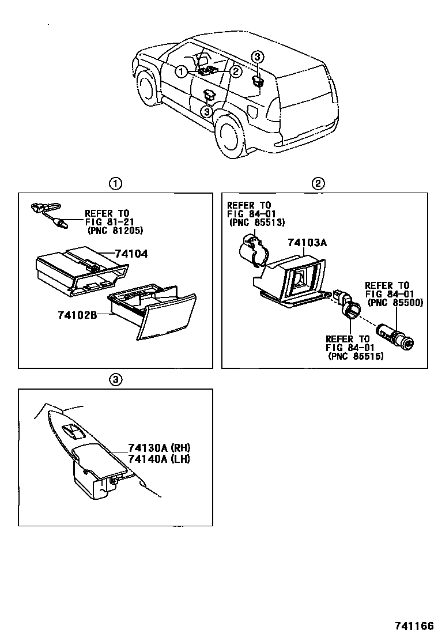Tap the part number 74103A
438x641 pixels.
click(308, 243)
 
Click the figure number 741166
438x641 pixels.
click(414, 626)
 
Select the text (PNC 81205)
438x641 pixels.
click(115, 231)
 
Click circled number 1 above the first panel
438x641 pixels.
click(115, 184)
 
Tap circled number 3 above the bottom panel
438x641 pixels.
click(115, 379)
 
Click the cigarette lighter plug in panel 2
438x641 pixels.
click(397, 337)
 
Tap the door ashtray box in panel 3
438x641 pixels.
click(92, 475)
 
